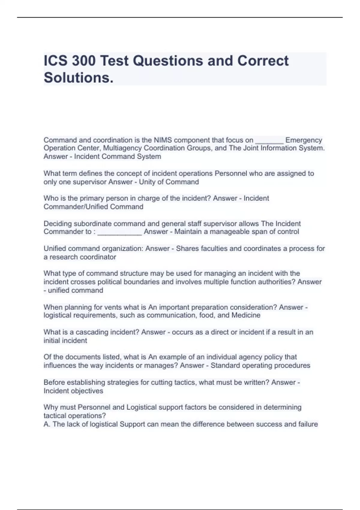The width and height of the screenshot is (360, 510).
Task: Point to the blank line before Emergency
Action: (269, 141)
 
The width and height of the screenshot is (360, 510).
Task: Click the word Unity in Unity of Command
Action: (147, 182)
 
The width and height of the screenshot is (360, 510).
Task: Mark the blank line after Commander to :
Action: (119, 232)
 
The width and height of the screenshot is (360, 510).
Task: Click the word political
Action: (119, 282)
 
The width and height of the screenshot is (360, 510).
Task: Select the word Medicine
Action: (246, 315)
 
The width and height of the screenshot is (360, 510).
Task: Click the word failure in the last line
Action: (308, 424)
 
